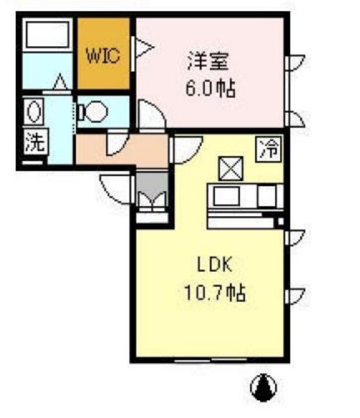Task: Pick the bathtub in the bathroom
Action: (47, 36)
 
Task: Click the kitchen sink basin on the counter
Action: (226, 196)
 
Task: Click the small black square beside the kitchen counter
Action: (279, 222)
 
